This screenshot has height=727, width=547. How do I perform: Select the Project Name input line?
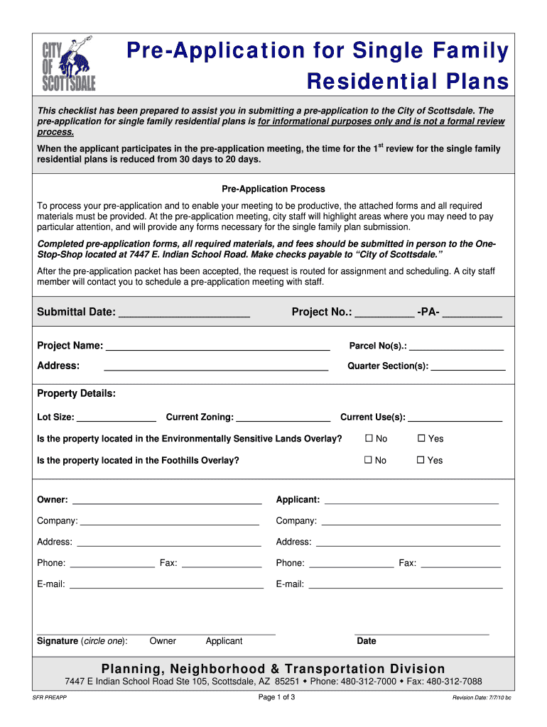[217, 347]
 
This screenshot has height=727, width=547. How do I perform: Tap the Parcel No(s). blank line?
[456, 347]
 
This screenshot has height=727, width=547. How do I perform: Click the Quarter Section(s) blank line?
[468, 368]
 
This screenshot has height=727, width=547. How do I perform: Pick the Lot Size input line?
[116, 418]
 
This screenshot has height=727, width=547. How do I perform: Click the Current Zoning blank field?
[283, 418]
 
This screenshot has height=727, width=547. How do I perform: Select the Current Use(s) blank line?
[455, 418]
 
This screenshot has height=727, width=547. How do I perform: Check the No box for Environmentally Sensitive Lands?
[369, 439]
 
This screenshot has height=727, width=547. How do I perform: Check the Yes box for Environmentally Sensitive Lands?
[421, 439]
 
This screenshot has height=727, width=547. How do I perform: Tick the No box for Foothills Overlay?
[369, 460]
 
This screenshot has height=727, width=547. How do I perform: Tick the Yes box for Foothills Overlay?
[421, 460]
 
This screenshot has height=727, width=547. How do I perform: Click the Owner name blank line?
[166, 501]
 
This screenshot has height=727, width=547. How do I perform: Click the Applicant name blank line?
[411, 501]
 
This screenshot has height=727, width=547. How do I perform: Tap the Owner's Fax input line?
[222, 564]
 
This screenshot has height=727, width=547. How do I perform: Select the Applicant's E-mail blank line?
[405, 586]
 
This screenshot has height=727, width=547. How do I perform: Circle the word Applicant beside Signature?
[224, 641]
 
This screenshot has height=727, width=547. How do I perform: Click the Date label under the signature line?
[367, 641]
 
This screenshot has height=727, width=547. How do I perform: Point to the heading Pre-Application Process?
[273, 189]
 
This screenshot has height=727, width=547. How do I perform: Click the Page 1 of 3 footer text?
[276, 696]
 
